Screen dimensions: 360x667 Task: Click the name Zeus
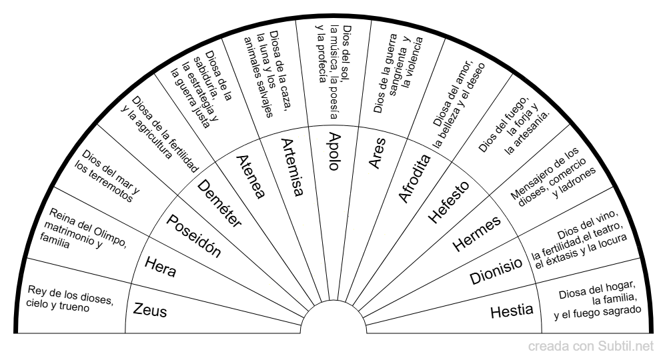(x=150, y=310)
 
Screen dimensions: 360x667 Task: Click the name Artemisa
(x=291, y=167)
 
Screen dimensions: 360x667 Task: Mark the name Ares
(x=376, y=155)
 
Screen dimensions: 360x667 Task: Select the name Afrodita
(x=415, y=177)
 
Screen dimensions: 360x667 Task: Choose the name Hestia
(x=512, y=310)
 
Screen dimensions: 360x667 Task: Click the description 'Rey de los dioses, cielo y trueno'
(x=70, y=297)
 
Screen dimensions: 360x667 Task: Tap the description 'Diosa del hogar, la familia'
(x=598, y=298)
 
